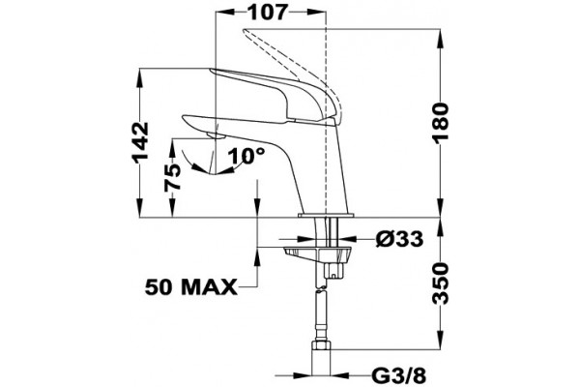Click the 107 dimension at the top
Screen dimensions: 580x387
267,13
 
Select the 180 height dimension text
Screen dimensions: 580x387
441,122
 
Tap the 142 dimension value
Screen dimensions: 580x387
140,143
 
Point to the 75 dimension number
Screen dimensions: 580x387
173,177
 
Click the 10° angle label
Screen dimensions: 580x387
246,156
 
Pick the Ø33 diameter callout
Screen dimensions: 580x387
399,239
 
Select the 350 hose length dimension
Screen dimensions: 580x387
441,283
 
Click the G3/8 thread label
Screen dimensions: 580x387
398,376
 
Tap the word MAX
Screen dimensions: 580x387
210,287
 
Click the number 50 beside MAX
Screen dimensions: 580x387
159,287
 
